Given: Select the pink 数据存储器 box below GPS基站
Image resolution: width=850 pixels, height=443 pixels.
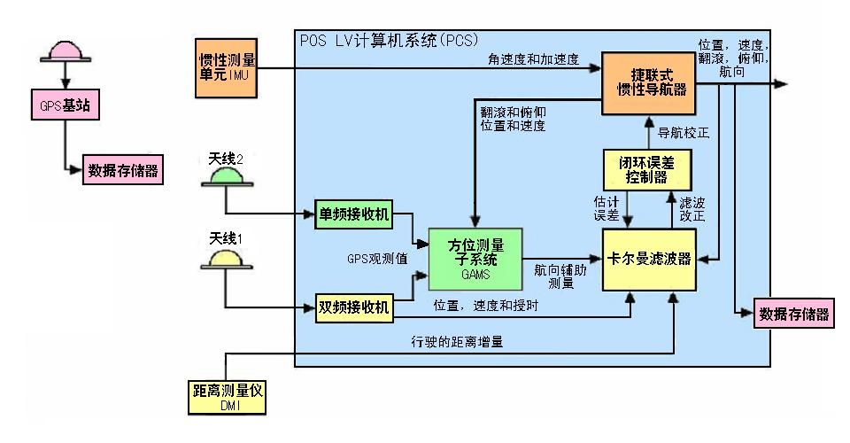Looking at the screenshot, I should pos(123,170).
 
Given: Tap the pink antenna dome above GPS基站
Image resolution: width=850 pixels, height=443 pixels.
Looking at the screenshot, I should pos(66,50).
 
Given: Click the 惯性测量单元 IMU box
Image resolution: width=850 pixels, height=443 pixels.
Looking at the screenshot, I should pos(228,67).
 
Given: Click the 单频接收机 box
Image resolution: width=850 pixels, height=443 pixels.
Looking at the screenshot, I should pos(353,214).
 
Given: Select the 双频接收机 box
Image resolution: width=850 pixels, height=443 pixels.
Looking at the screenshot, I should pos(353,308).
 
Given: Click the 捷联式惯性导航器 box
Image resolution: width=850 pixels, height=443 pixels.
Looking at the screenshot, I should pos(647,83).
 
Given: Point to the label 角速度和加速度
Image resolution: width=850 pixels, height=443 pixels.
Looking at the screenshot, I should pos(533,60).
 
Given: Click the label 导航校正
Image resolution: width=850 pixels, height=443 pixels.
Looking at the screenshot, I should pos(684,133).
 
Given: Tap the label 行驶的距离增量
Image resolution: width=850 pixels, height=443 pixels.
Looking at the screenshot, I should pos(460,341).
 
